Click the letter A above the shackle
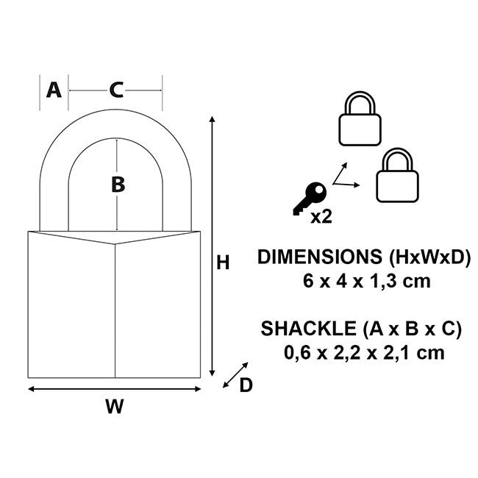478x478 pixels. (x=54, y=90)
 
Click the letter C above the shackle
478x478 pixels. (x=116, y=90)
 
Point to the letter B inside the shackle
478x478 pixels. (x=118, y=185)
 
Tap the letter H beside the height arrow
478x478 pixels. (x=223, y=262)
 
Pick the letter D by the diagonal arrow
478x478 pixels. (x=246, y=385)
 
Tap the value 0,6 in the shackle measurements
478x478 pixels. (x=297, y=352)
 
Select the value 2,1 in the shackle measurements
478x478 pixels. (x=394, y=352)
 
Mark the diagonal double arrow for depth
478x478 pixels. (x=235, y=374)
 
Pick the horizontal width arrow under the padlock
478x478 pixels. (x=114, y=388)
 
